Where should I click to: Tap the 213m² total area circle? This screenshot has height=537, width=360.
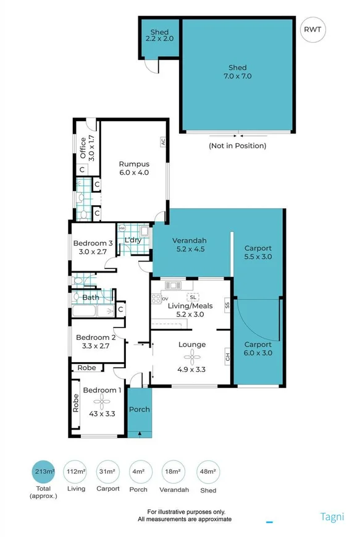44,473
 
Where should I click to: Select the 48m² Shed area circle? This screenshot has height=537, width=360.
207,473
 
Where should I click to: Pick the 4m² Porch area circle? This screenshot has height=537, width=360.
138,473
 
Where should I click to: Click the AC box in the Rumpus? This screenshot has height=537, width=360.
164,141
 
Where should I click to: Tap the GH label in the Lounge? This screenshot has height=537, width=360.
227,357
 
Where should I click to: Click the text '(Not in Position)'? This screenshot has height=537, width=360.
238,146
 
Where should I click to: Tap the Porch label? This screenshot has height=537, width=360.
139,409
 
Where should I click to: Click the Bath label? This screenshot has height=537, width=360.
91,297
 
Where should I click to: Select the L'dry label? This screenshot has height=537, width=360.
133,240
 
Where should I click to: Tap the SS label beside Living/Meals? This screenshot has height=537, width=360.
227,305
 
